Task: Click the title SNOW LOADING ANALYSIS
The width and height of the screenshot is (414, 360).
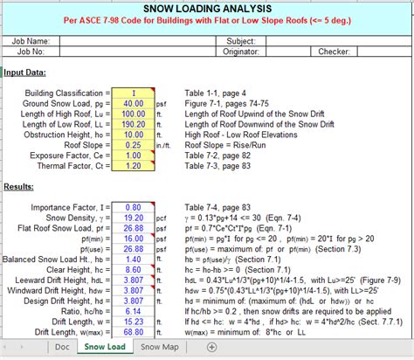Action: [x=206, y=9]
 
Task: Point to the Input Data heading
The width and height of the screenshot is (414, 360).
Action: [x=25, y=73]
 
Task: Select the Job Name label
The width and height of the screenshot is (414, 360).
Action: [x=31, y=41]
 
